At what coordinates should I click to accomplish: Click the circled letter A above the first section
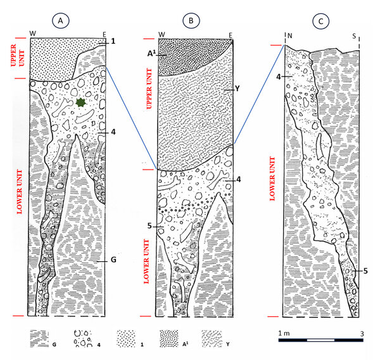click(x=61, y=21)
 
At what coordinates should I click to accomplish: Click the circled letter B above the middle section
click(x=191, y=21)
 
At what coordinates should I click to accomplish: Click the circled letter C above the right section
click(x=320, y=21)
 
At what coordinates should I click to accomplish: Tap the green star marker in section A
click(x=81, y=102)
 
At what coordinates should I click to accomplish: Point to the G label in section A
click(x=113, y=260)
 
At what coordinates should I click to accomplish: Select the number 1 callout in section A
click(x=113, y=41)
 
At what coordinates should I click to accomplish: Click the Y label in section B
click(x=237, y=89)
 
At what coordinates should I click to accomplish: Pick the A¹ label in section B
click(x=151, y=53)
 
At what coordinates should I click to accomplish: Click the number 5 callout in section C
click(x=365, y=271)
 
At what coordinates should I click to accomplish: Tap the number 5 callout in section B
click(x=149, y=226)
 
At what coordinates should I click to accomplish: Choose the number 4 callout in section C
click(x=279, y=77)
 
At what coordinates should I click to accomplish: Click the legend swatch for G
click(x=39, y=338)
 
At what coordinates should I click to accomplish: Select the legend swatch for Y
click(x=212, y=338)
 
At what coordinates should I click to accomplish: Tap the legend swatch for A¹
click(x=169, y=338)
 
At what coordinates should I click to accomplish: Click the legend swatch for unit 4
click(x=83, y=338)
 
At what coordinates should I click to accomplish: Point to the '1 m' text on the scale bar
click(x=284, y=333)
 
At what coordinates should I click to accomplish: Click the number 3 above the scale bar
click(x=362, y=334)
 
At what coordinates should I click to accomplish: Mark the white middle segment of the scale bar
click(x=320, y=340)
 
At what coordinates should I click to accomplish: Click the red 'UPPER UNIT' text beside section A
click(x=18, y=55)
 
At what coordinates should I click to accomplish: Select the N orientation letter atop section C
click(x=290, y=36)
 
